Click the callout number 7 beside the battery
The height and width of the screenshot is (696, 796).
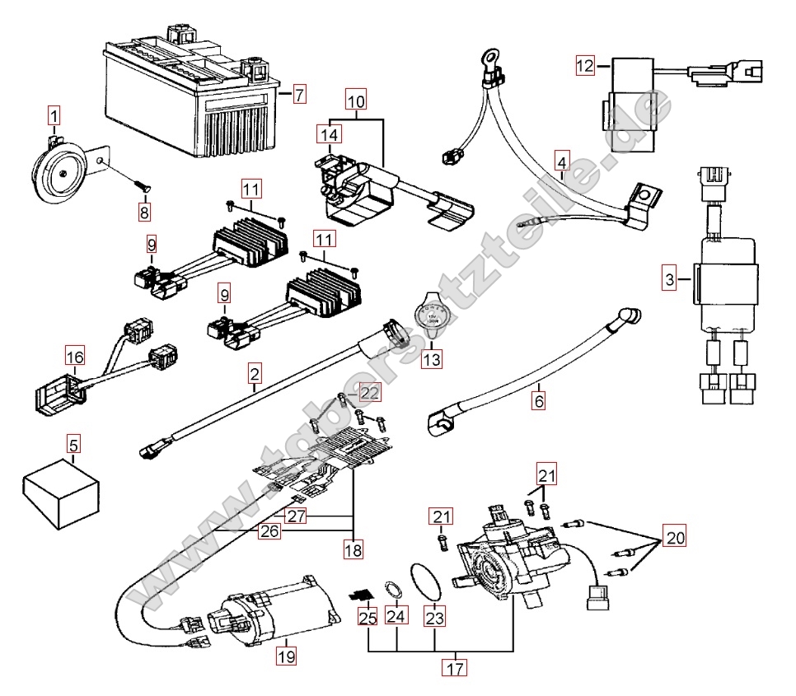(x=298, y=93)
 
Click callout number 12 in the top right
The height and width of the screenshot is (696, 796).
(x=584, y=66)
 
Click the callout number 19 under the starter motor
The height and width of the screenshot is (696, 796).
(x=285, y=656)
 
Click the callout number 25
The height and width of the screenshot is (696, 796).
(x=367, y=615)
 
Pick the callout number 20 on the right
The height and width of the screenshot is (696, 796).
(x=675, y=538)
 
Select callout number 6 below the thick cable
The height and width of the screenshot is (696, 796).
(x=539, y=401)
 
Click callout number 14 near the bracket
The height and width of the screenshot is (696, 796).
(x=329, y=133)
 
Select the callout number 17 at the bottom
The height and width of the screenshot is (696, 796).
(x=452, y=668)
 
